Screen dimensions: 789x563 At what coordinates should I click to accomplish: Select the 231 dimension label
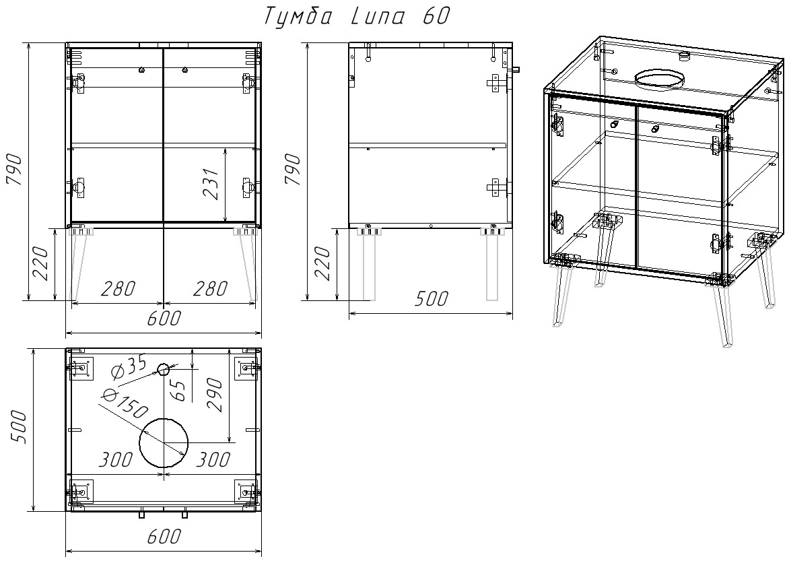[212, 183]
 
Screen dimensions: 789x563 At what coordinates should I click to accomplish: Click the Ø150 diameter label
[124, 404]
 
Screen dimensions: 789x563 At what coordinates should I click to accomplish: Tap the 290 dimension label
[215, 395]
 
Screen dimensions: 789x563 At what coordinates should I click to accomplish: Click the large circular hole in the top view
[164, 442]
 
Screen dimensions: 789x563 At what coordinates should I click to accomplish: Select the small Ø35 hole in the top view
[163, 369]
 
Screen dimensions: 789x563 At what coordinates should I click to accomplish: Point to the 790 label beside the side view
[294, 169]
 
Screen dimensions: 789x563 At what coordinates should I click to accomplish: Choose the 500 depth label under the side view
[432, 298]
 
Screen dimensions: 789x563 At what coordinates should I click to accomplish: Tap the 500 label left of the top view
[18, 426]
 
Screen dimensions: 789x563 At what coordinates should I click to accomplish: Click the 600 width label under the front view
[164, 319]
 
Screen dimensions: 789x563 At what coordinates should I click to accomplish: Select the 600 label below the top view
[164, 536]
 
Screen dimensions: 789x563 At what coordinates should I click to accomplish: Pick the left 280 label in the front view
[118, 289]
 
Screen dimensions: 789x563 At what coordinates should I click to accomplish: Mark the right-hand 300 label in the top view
[212, 459]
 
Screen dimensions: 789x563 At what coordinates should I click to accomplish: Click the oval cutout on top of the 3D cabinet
[660, 79]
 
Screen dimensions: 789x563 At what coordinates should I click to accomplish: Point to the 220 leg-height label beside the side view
[322, 263]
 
